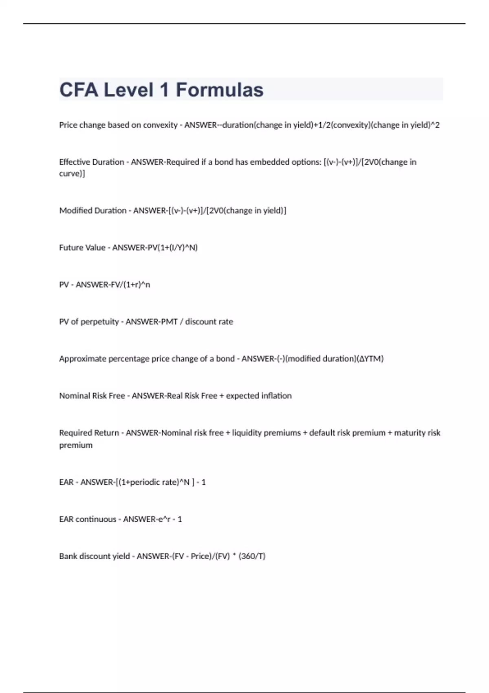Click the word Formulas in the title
[219, 90]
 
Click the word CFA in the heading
[79, 90]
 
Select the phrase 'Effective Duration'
[92, 162]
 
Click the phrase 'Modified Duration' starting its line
[93, 210]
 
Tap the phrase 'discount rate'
[209, 322]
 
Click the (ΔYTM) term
[370, 359]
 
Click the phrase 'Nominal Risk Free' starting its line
[92, 396]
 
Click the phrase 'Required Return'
[89, 433]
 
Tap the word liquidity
[247, 433]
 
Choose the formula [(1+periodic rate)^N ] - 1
[161, 482]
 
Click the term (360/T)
[252, 556]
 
